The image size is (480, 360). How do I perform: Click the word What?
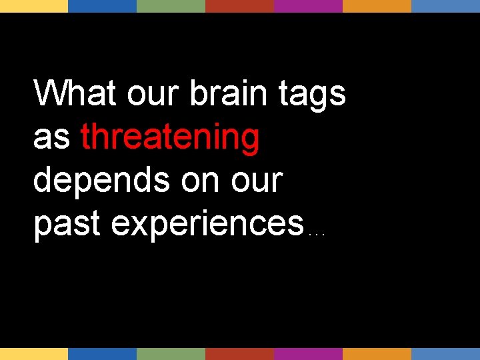pos(75,93)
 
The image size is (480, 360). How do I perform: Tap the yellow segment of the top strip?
pos(34,6)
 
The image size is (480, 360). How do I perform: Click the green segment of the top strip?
pos(171,6)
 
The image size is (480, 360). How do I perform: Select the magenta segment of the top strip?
pos(308,6)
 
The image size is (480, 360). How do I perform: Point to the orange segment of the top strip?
pos(377,6)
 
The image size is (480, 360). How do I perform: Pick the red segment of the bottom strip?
pos(239,353)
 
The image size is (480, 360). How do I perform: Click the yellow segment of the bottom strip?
pos(34,353)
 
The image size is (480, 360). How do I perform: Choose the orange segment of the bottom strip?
pos(377,353)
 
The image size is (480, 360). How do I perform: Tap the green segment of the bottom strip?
pos(171,353)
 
